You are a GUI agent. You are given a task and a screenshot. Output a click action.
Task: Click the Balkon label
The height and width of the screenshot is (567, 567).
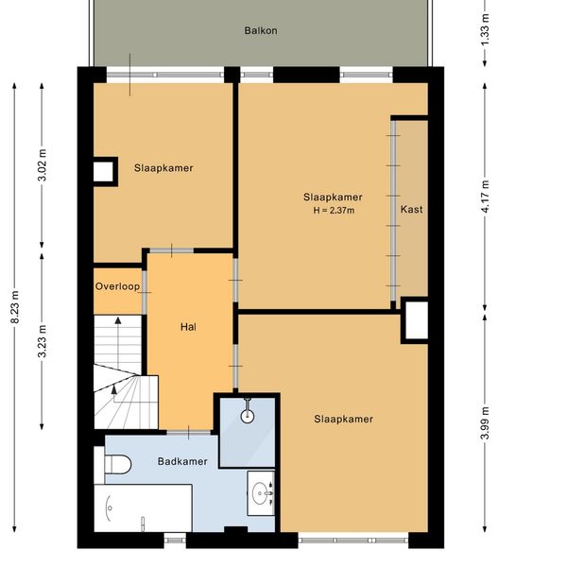(x=261, y=31)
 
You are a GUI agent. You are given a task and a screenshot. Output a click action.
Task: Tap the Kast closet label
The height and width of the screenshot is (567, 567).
(x=411, y=210)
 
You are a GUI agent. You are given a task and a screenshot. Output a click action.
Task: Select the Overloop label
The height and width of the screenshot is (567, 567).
(x=117, y=286)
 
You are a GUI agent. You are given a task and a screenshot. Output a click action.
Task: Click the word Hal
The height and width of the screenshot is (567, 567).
(x=188, y=327)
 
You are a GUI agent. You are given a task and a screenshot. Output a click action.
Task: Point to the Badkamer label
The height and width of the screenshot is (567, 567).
(x=182, y=461)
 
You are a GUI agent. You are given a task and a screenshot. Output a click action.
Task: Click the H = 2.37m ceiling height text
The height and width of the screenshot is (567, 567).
(x=334, y=211)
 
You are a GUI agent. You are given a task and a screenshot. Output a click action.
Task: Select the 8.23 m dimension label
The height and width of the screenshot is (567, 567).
(x=15, y=306)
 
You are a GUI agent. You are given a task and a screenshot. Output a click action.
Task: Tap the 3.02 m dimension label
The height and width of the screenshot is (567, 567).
(x=43, y=164)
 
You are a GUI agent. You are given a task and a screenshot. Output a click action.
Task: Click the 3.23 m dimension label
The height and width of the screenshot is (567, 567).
(x=43, y=341)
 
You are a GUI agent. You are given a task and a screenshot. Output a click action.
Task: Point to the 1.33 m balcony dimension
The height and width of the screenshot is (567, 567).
(x=486, y=29)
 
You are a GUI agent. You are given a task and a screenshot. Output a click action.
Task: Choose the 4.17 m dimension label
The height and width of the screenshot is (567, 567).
(x=486, y=197)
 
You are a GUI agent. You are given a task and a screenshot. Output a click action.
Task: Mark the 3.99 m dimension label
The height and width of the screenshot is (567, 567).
(x=486, y=422)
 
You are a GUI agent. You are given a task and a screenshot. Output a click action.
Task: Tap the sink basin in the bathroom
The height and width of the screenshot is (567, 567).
(x=261, y=493)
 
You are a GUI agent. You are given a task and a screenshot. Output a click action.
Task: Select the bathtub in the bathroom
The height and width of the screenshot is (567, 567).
(x=143, y=508)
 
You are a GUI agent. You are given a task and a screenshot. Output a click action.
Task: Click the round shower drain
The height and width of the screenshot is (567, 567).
(x=248, y=416)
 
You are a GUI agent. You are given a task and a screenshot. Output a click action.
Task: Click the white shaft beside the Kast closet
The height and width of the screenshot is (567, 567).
(x=417, y=320)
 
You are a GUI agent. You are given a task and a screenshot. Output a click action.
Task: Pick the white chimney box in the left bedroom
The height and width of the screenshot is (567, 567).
(x=103, y=172)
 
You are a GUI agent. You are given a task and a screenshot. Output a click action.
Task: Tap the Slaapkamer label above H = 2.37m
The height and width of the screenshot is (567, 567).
(x=333, y=198)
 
